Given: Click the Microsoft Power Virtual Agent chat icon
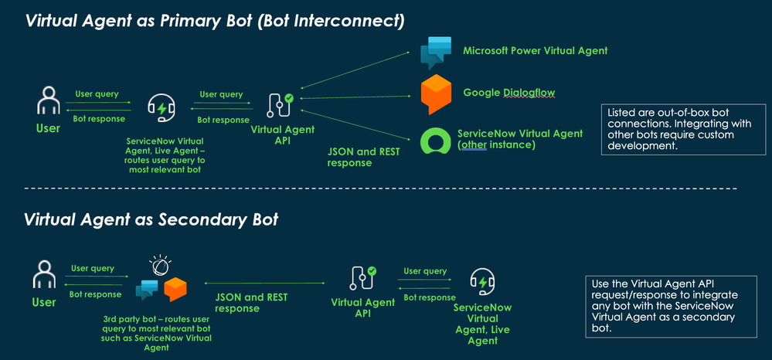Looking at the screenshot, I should coord(435,52).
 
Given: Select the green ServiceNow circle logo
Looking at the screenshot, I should coord(435,141).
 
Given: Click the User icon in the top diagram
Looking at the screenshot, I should coord(48,104).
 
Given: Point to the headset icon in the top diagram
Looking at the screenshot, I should coord(161,109).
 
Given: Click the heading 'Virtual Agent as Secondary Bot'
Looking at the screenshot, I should coord(151,219).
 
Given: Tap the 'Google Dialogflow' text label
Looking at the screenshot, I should coord(508,93).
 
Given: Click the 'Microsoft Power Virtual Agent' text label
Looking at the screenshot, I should coord(535,51).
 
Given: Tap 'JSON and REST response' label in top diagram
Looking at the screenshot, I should coord(364,158).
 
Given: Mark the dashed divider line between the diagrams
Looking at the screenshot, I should coord(379,188).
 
